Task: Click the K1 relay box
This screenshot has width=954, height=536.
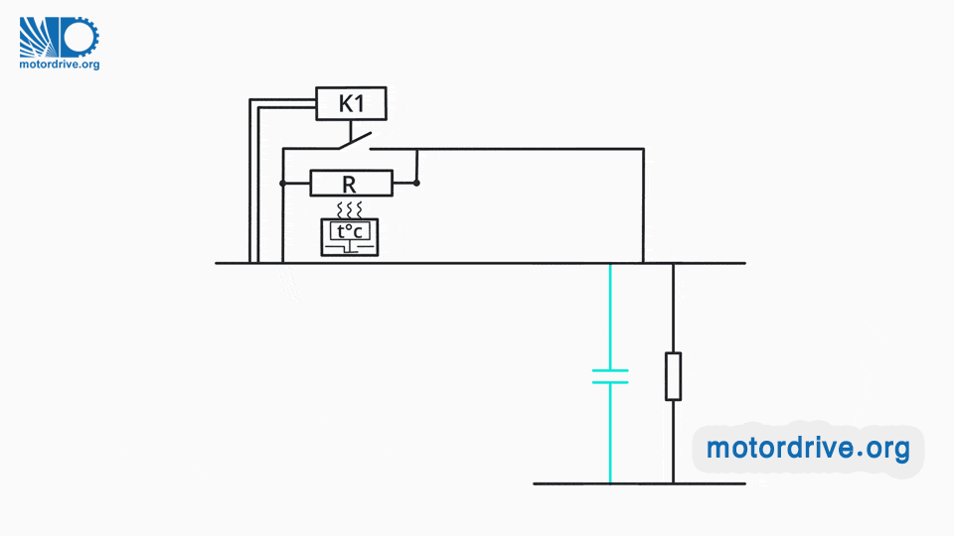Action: point(352,104)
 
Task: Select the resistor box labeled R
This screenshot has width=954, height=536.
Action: point(351,184)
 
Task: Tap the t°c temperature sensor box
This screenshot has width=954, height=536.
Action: point(351,235)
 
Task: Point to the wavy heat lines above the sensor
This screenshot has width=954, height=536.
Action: point(351,209)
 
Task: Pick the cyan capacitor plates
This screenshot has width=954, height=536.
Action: point(610,376)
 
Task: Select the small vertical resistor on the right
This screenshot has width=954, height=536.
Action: point(673,376)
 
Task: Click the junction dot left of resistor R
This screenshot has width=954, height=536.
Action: point(283,184)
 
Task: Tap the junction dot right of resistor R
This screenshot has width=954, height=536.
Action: point(417,183)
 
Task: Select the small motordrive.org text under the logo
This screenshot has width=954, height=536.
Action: point(60,65)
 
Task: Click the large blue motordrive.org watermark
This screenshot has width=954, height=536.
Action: point(808,449)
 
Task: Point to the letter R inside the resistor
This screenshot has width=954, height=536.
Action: point(350,184)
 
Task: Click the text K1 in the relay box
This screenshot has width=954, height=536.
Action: point(352,104)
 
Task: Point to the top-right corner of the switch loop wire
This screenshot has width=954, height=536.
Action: point(643,150)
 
